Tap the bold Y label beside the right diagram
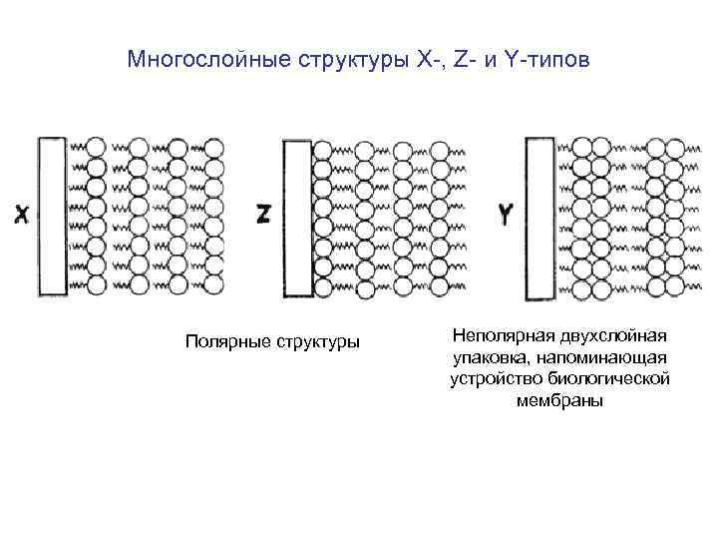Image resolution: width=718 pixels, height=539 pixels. click(x=506, y=214)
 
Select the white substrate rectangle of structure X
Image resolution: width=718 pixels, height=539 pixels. click(x=52, y=216)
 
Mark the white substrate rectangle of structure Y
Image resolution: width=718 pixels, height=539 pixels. click(x=539, y=218)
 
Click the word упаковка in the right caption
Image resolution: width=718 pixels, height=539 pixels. click(x=488, y=357)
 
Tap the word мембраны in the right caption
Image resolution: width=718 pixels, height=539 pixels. click(x=559, y=401)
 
